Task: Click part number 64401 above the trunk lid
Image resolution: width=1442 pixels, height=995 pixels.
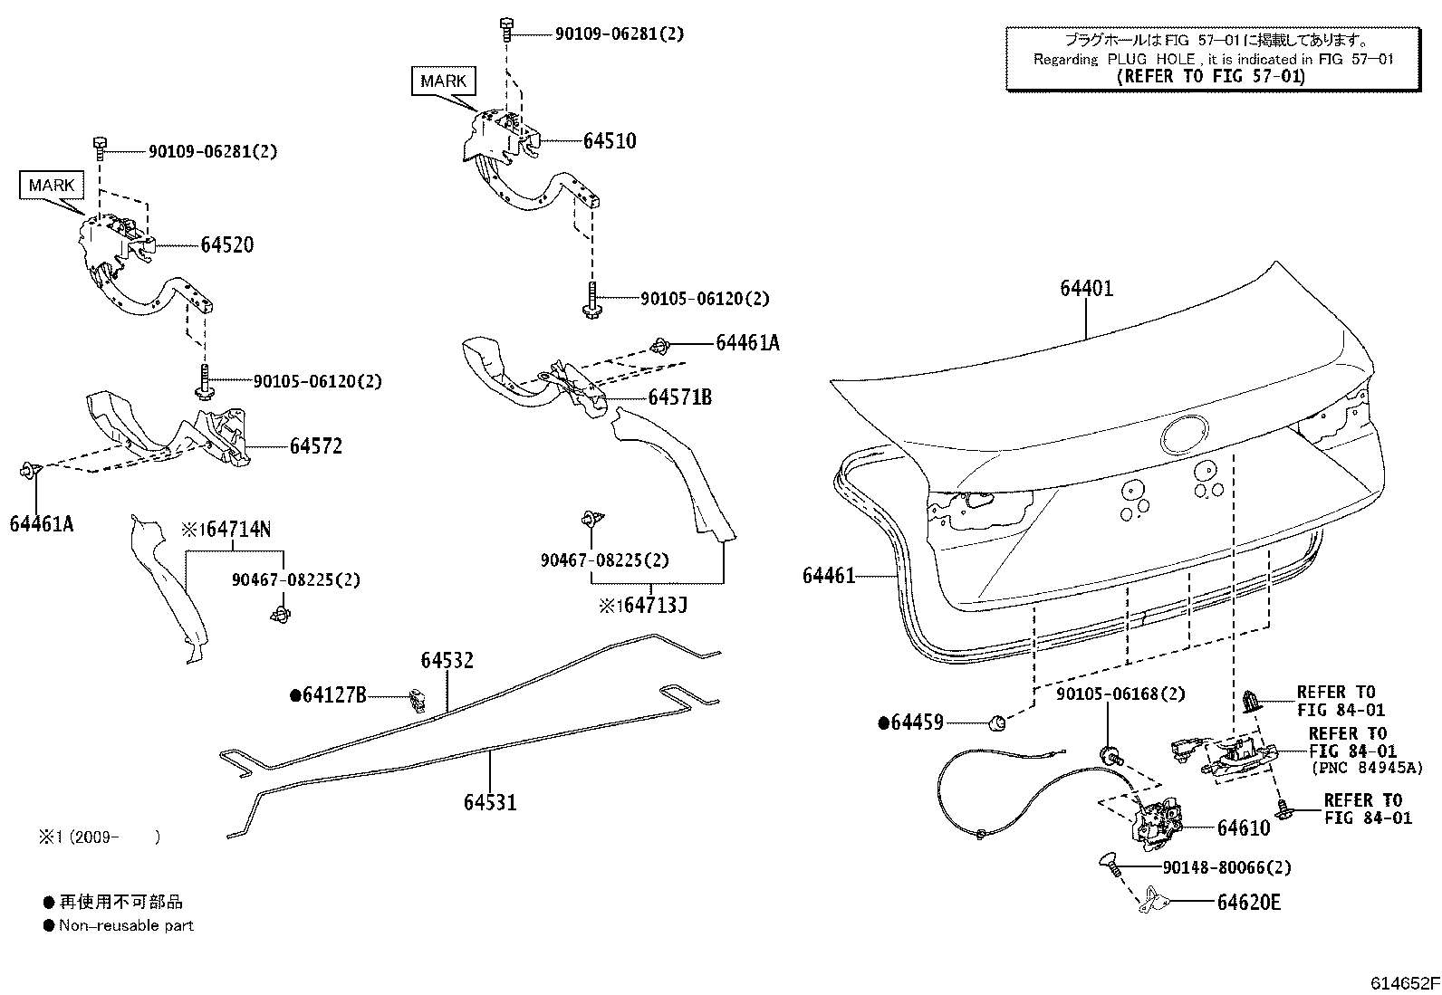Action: (1086, 289)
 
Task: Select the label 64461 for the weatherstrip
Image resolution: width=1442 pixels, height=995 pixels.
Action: (828, 576)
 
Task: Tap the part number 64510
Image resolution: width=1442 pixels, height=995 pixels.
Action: (610, 140)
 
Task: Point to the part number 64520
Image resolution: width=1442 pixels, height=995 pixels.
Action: (226, 244)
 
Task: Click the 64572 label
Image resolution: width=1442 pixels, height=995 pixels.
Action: (316, 446)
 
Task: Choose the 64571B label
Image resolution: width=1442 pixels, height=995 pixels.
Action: (679, 397)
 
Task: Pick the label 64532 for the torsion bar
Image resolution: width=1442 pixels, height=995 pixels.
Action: (447, 661)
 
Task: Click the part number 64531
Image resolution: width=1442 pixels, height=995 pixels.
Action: (490, 802)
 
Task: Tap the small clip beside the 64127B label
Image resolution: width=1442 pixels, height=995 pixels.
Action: (418, 700)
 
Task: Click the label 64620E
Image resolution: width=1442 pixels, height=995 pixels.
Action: (1248, 903)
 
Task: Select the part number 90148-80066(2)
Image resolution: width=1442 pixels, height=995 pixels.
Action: (1226, 867)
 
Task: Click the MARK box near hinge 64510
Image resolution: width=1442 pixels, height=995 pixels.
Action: (443, 81)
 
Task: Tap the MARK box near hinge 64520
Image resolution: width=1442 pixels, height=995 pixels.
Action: (52, 186)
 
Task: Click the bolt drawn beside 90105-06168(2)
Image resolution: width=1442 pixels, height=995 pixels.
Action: (1107, 753)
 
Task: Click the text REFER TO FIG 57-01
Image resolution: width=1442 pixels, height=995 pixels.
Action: (1211, 76)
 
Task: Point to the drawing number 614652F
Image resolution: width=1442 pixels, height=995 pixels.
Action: (1404, 983)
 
